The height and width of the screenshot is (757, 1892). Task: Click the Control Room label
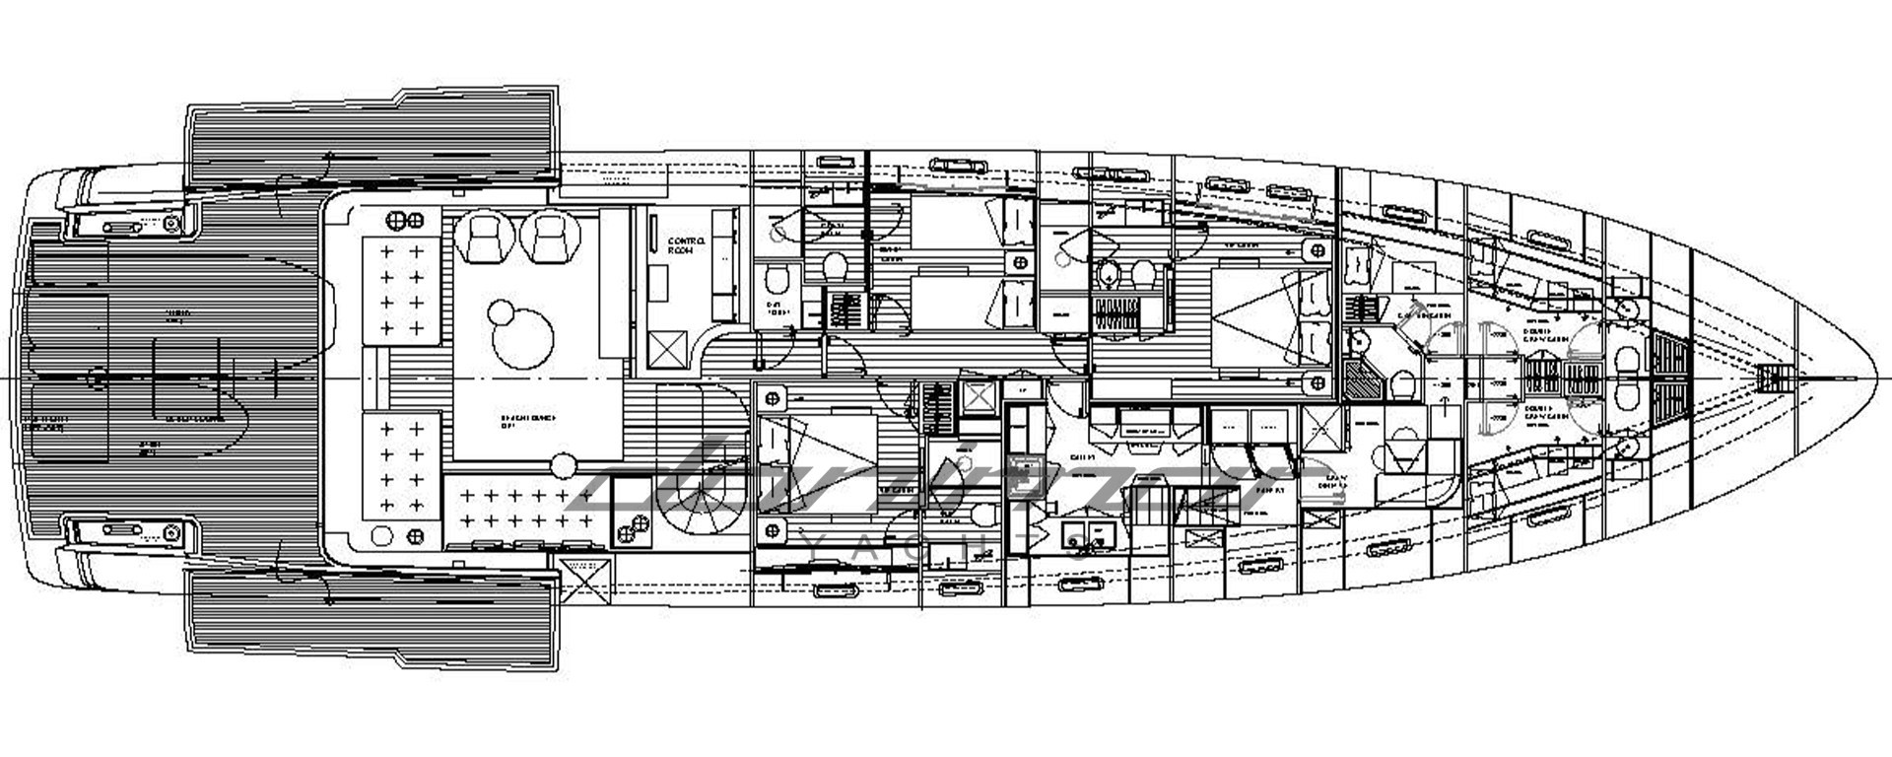point(686,245)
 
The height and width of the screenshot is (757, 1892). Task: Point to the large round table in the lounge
point(521,337)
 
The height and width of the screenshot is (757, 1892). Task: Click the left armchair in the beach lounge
point(483,238)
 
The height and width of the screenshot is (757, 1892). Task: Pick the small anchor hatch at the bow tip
point(1774,378)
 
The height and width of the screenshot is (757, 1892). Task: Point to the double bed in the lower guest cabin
point(816,463)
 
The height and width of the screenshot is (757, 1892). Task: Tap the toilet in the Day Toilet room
point(777,281)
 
